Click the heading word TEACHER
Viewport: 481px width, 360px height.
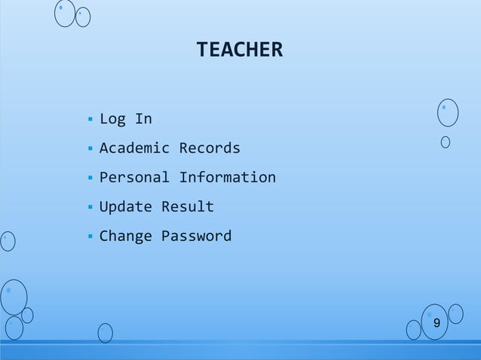point(239,50)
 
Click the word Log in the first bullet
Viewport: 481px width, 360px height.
point(112,119)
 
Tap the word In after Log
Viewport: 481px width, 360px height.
point(143,119)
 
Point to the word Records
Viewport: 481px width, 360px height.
point(210,148)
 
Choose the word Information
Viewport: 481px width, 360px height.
point(227,178)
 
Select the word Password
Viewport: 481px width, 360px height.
point(196,236)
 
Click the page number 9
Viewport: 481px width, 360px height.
point(437,323)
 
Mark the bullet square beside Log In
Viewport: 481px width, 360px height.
point(90,119)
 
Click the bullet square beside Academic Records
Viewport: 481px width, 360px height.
point(90,148)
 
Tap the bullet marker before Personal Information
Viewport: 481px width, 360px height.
point(90,178)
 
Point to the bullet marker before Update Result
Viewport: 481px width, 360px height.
point(90,207)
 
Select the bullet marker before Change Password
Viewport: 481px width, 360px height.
point(90,236)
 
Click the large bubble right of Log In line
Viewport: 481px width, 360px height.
point(448,112)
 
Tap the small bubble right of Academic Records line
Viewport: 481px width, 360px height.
point(446,142)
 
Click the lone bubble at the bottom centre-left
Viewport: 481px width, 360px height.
point(105,332)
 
